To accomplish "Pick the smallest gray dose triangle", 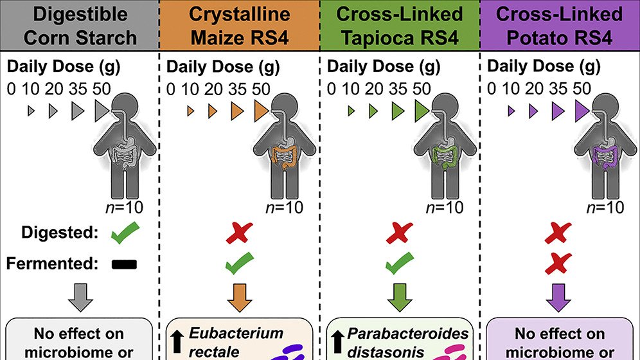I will (30, 111).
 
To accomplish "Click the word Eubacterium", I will (236, 333).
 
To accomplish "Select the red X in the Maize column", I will (239, 234).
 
